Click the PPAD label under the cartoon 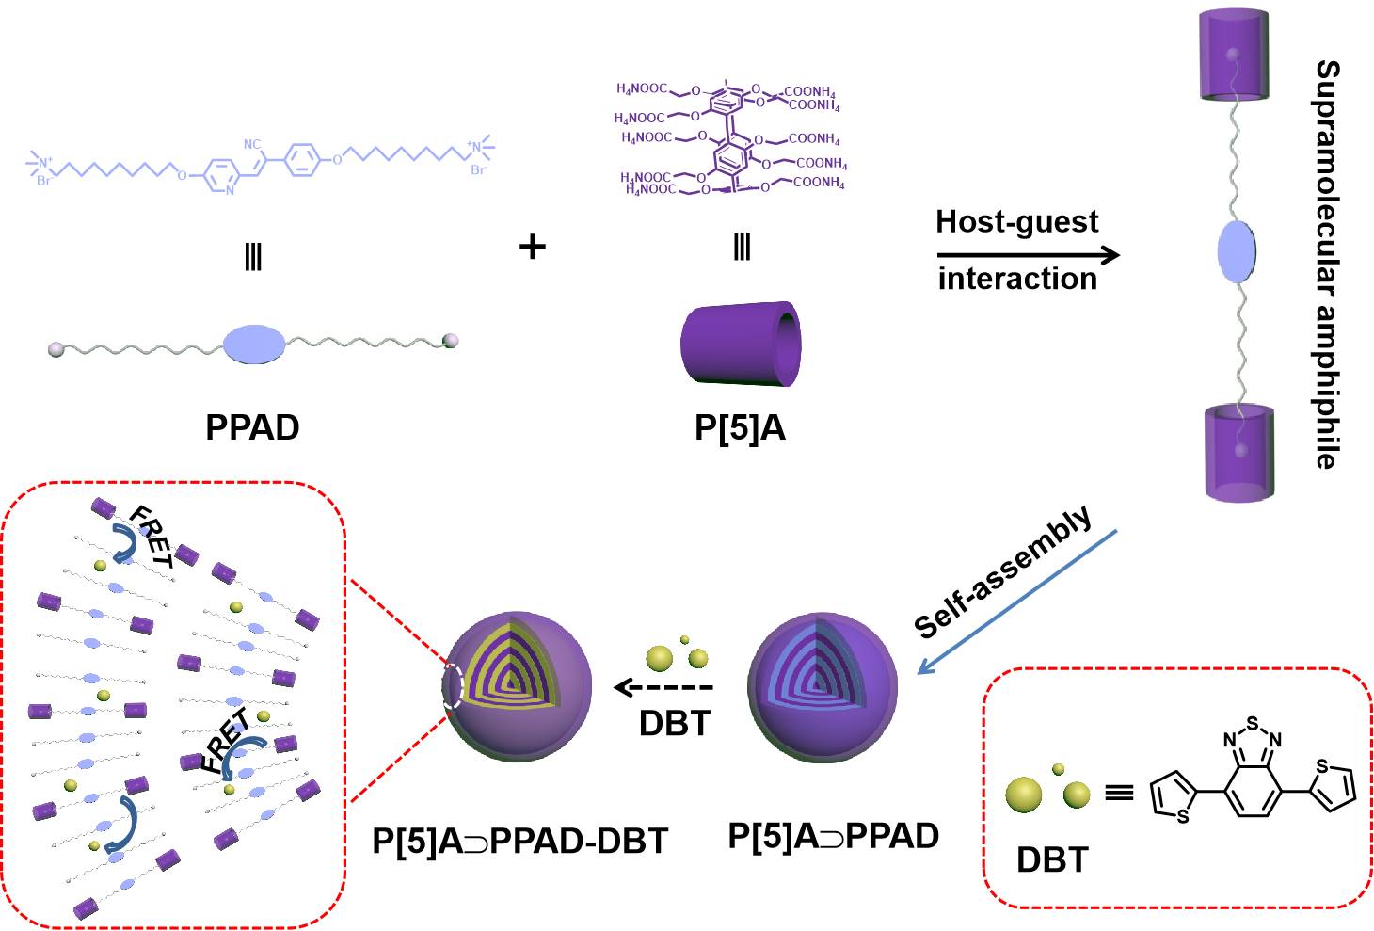[252, 427]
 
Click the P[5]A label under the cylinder [740, 427]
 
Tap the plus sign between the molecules [533, 247]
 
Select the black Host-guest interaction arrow [1028, 255]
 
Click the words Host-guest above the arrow [1016, 222]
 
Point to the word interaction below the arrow [1017, 279]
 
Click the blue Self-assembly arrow [1016, 602]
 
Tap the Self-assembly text [1003, 571]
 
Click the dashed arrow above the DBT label [663, 688]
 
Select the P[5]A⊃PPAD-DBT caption [519, 841]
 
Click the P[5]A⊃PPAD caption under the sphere [834, 836]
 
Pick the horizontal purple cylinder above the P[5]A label [740, 344]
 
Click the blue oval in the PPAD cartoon [253, 344]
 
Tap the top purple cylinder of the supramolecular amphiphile [1237, 58]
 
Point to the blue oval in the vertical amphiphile [1237, 253]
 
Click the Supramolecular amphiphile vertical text [1327, 264]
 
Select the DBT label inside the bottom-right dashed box [1052, 859]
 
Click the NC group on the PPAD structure [252, 145]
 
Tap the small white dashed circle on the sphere [454, 686]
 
